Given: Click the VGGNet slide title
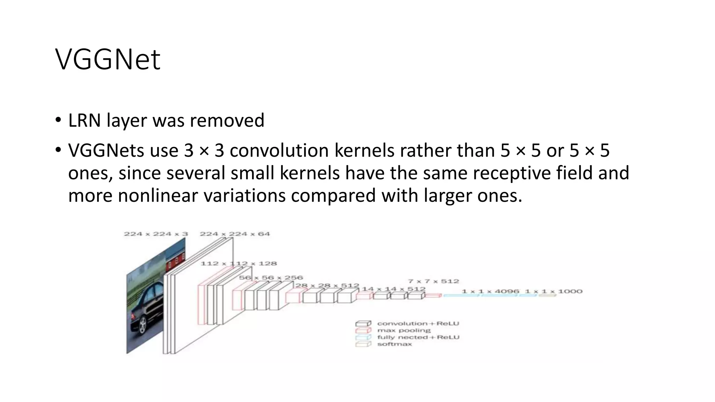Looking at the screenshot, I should pyautogui.click(x=108, y=59).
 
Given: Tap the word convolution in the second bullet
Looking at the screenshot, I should pyautogui.click(x=279, y=151).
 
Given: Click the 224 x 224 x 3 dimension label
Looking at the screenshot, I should pyautogui.click(x=156, y=234).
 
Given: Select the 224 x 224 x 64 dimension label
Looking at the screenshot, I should pyautogui.click(x=235, y=234).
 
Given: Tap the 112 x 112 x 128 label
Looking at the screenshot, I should pyautogui.click(x=238, y=263).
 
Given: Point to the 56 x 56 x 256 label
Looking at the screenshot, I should pyautogui.click(x=271, y=278).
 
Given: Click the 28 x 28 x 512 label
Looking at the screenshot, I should pyautogui.click(x=327, y=285).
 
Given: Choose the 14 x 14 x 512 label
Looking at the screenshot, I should pyautogui.click(x=393, y=289).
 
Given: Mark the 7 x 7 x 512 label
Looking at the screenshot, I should pyautogui.click(x=433, y=281).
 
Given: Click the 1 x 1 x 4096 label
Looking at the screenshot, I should pyautogui.click(x=490, y=291).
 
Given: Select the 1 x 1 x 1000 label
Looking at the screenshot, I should pyautogui.click(x=554, y=291).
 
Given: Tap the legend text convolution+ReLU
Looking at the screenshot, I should pyautogui.click(x=418, y=323).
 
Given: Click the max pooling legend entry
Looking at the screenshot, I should pyautogui.click(x=404, y=330).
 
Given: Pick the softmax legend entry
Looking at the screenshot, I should pyautogui.click(x=395, y=344).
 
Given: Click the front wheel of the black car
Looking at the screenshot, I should pyautogui.click(x=143, y=326).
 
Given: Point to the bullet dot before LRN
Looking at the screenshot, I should pyautogui.click(x=58, y=120).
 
